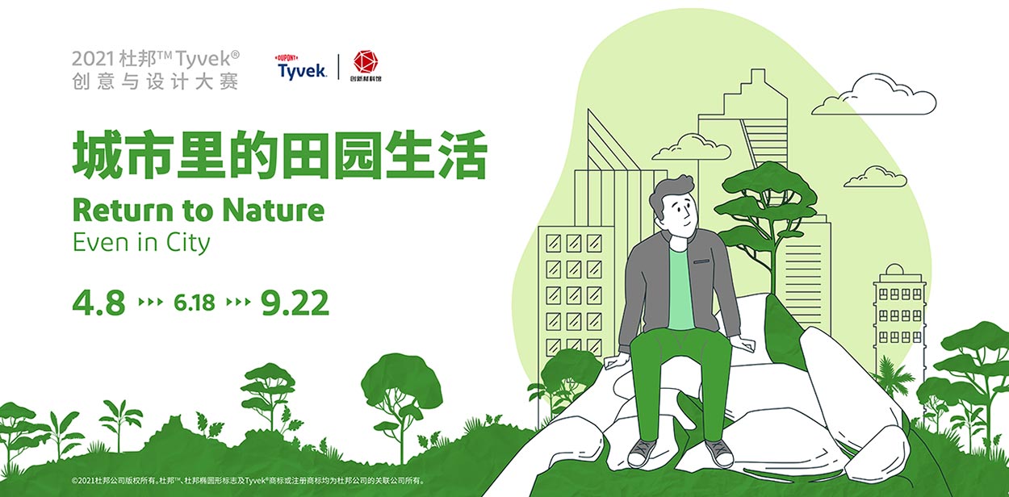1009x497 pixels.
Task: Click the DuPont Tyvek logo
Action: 301,67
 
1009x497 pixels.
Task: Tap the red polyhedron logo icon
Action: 366,61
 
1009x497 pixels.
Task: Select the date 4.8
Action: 98,303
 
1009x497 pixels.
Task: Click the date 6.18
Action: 195,303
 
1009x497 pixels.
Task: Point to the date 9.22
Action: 295,303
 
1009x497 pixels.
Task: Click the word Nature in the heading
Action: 274,211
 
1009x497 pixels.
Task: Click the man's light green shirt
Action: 680,289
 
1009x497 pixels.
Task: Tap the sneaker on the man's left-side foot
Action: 642,453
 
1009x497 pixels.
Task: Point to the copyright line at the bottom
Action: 248,481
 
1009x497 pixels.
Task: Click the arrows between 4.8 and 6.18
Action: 150,302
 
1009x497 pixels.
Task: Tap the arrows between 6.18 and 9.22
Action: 238,302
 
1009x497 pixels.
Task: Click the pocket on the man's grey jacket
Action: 701,261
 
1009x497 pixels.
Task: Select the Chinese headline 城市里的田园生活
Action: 280,154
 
